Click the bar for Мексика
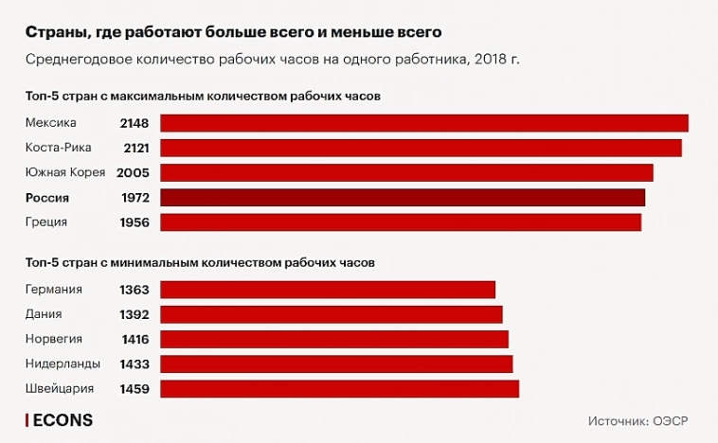(x=423, y=123)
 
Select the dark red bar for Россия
(x=403, y=197)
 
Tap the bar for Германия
(x=328, y=290)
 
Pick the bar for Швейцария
(x=339, y=388)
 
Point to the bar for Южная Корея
(x=406, y=172)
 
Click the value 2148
(x=134, y=123)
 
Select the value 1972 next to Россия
(x=134, y=197)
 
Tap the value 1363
(x=134, y=290)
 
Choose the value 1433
(x=134, y=363)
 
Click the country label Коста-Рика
(x=59, y=148)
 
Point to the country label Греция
(x=47, y=221)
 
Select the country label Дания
(x=45, y=314)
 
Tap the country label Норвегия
(x=54, y=339)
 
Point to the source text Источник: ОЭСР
(x=638, y=420)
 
